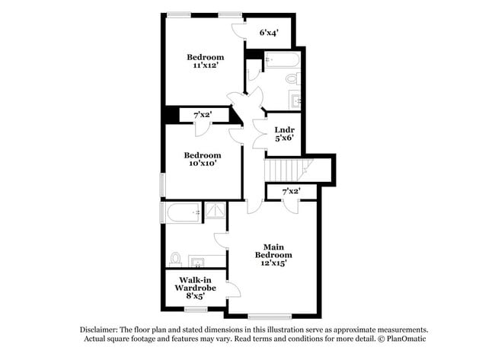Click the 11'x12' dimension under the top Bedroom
(206, 66)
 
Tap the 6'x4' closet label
(268, 33)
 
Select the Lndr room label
(283, 129)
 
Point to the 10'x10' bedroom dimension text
(202, 164)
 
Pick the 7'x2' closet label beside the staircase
(291, 191)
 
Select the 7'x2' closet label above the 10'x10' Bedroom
(202, 114)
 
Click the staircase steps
(283, 169)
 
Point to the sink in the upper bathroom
(295, 100)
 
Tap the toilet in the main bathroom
(174, 259)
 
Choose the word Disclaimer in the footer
(102, 330)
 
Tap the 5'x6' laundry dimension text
(283, 139)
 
